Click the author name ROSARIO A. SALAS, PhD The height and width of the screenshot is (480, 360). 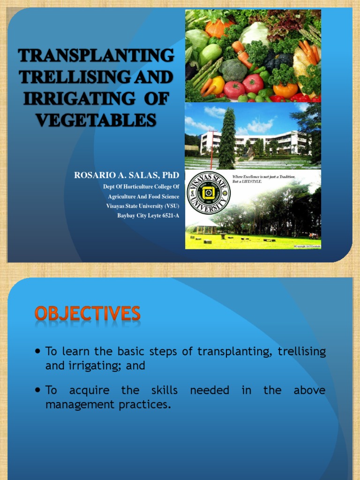point(127,175)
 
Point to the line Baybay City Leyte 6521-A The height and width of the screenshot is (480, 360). point(148,216)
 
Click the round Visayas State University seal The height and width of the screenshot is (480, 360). point(208,193)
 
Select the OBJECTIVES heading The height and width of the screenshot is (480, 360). point(87,313)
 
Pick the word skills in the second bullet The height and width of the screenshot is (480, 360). point(165,390)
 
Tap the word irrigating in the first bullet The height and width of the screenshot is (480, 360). point(93,366)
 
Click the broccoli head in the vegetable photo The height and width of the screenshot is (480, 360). point(233,70)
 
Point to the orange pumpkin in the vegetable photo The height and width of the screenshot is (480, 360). point(217,28)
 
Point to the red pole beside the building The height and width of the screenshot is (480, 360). point(211,150)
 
